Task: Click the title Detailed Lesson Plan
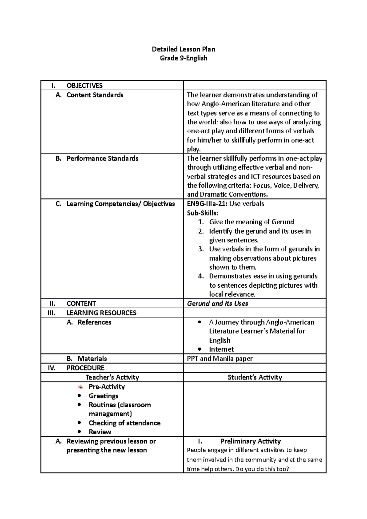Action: (183, 49)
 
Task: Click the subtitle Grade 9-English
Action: (183, 58)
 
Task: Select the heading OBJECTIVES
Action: (84, 86)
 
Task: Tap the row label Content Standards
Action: (95, 95)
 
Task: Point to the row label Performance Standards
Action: (102, 158)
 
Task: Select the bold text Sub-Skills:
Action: (203, 213)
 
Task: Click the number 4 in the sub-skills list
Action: (201, 276)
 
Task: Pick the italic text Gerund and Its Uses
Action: (217, 304)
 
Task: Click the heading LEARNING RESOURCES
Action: (101, 313)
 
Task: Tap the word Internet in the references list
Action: (221, 349)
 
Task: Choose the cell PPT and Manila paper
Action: (220, 359)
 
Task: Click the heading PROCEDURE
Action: (85, 368)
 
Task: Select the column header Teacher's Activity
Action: (112, 377)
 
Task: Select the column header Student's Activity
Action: (255, 377)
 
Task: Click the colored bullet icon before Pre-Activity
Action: (80, 387)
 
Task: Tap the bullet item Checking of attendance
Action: (124, 423)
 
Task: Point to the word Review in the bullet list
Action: (100, 432)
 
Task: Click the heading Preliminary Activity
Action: (250, 441)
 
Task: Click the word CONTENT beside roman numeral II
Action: (81, 304)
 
